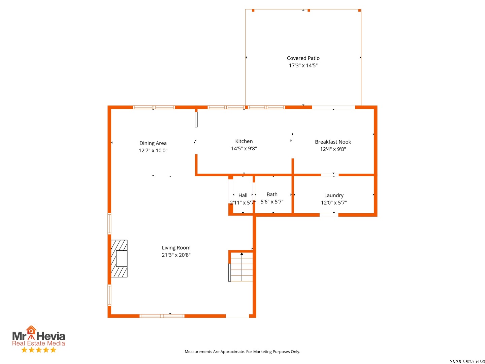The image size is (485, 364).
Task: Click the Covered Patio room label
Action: click(x=303, y=58)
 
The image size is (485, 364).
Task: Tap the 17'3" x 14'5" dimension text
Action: click(x=303, y=65)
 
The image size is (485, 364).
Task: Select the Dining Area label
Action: click(x=153, y=143)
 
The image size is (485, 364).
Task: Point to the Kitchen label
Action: click(x=244, y=141)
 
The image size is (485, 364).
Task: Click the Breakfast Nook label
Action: click(x=333, y=142)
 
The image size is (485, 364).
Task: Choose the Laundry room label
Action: click(x=334, y=195)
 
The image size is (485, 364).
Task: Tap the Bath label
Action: click(x=272, y=194)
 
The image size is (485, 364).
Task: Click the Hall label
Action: click(x=243, y=195)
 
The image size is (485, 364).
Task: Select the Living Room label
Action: click(x=176, y=248)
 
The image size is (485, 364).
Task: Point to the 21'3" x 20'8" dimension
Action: click(x=176, y=255)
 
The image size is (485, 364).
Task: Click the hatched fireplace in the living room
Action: click(x=119, y=259)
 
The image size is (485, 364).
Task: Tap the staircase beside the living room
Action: click(x=240, y=267)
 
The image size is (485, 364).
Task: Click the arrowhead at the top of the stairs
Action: click(x=242, y=254)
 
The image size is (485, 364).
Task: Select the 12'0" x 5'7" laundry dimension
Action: click(x=334, y=203)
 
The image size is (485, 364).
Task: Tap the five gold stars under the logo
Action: click(x=39, y=350)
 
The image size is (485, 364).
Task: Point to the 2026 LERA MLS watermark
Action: click(x=467, y=361)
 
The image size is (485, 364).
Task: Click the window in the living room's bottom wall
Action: click(x=162, y=316)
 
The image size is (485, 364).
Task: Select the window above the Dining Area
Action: click(x=154, y=108)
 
